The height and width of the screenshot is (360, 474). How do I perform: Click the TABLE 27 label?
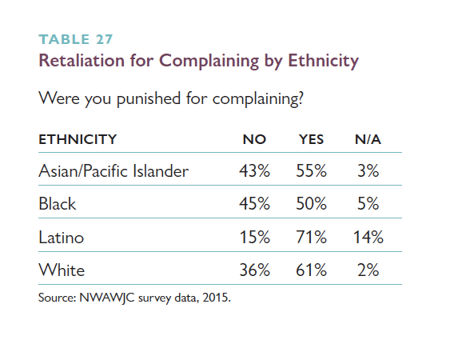pos(76,39)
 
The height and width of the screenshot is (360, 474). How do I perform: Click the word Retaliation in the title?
pos(82,60)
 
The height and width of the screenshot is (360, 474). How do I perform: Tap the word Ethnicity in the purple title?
pos(323,62)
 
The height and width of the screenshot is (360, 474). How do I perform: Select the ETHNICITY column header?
pos(78,139)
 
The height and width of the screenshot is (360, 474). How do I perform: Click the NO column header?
pos(254,139)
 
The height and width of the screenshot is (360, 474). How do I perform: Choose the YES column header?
pos(312,139)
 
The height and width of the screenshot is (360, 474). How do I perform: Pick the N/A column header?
pos(368,139)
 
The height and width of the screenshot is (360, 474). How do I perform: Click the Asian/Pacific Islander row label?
pos(114,171)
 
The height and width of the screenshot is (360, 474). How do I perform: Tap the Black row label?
pos(58,203)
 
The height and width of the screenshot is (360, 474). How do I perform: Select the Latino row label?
pos(62,237)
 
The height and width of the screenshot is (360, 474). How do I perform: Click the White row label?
pos(62,270)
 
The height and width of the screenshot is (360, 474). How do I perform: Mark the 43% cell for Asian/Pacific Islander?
pos(254,171)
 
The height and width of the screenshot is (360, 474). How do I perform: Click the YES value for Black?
pos(312,203)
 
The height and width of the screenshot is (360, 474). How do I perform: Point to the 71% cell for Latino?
pos(312,237)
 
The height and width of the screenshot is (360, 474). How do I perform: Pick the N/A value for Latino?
pos(368,237)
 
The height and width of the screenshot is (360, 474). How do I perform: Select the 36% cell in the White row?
pos(254,270)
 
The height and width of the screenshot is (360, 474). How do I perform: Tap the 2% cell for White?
pos(368,270)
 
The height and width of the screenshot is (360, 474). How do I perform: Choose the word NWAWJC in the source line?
pos(107,298)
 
